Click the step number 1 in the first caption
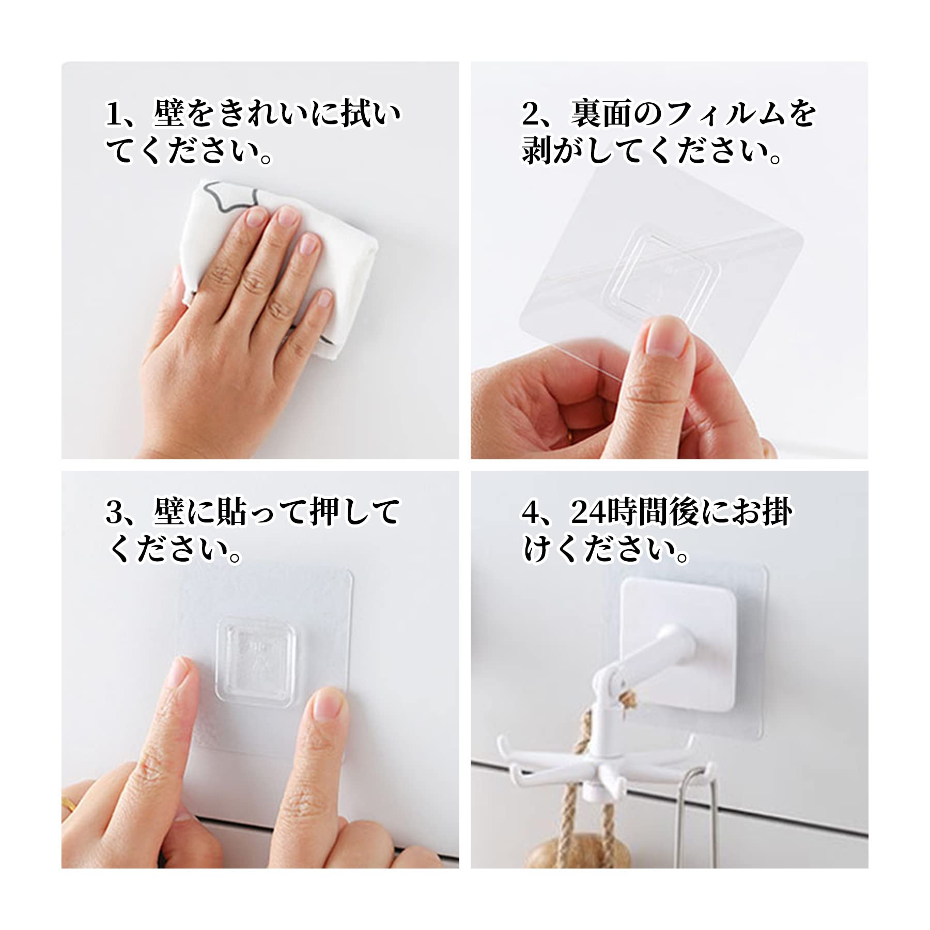pos(113,114)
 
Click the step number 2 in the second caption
pos(531,114)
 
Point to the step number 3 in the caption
pos(114,512)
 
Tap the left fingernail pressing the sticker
pos(178,674)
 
